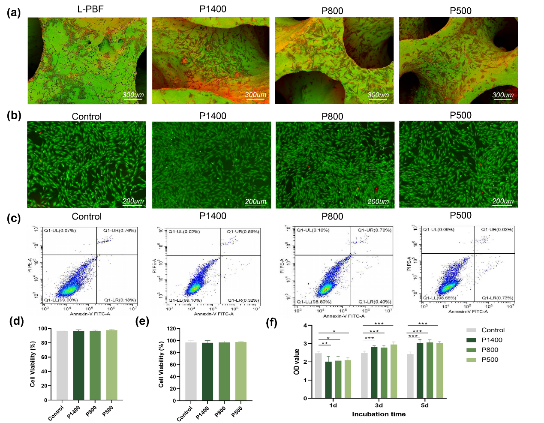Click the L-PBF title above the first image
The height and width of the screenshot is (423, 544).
[90, 9]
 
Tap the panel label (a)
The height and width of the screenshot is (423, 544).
[14, 13]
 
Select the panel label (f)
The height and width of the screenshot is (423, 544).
[271, 322]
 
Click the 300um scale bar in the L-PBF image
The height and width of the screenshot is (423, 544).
[133, 96]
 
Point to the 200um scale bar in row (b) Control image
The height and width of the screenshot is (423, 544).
[133, 201]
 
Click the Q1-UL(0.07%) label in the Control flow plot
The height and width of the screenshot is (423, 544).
[60, 231]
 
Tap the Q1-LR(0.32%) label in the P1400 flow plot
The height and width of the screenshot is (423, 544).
[243, 300]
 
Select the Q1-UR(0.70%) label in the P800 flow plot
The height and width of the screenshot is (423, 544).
[374, 230]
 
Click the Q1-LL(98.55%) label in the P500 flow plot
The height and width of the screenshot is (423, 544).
[439, 298]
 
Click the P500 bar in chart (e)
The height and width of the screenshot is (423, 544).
[241, 371]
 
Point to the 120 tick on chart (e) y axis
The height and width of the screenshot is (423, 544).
[171, 329]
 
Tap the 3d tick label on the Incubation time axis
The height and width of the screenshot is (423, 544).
[379, 405]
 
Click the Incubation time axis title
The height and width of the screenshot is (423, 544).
[379, 414]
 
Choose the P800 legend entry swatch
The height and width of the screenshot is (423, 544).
[471, 350]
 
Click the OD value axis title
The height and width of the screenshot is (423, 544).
[297, 361]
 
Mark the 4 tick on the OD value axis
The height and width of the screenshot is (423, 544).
[305, 326]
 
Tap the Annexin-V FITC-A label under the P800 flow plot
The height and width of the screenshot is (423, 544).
[344, 316]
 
